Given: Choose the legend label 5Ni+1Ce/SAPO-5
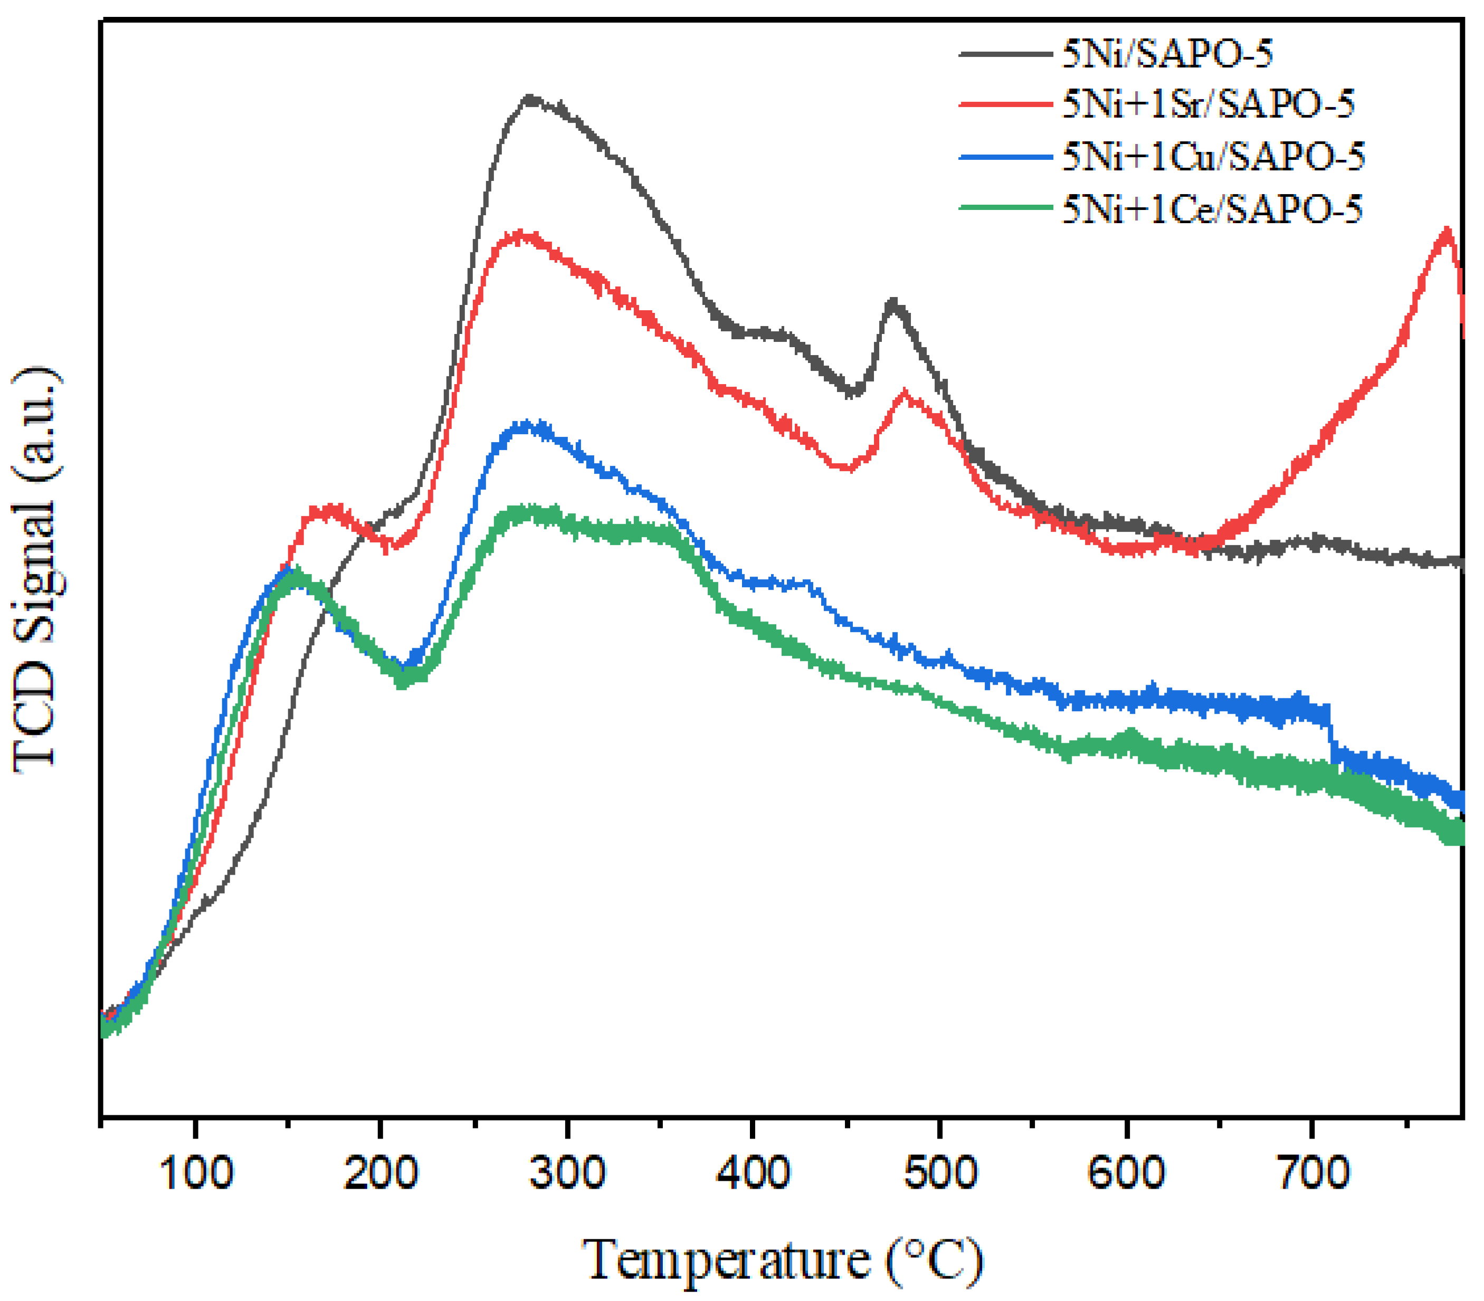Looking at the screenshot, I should coord(1212,208).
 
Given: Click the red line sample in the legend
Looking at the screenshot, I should coord(1005,104).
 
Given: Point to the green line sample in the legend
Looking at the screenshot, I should coord(1005,208).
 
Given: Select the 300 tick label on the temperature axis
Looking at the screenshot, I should coord(567,1172).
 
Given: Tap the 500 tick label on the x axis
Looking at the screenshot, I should coord(939,1172).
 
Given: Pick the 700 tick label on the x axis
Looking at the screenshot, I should coord(1312,1172).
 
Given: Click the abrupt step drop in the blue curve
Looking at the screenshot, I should coord(1331,733).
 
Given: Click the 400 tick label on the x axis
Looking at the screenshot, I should coord(753,1172).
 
